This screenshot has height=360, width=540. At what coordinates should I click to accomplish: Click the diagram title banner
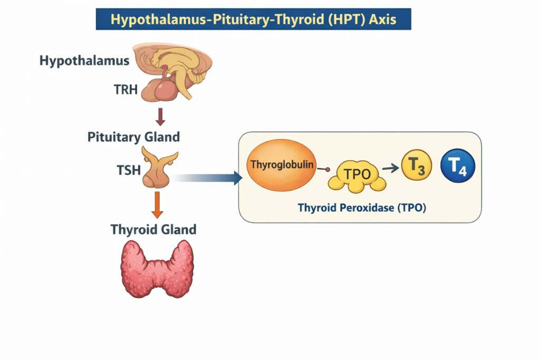click(x=253, y=19)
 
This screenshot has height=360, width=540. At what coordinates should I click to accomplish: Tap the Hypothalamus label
click(x=84, y=61)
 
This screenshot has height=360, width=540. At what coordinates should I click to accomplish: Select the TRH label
click(x=126, y=90)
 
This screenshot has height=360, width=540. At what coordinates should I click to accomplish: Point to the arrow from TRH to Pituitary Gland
click(x=161, y=116)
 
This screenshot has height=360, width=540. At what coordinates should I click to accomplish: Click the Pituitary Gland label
click(x=133, y=137)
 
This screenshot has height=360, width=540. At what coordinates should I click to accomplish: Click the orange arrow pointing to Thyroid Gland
click(x=157, y=205)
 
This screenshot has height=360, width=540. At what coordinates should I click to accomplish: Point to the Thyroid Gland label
click(x=153, y=230)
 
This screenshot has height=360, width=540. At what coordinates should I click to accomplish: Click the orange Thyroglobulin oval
click(x=281, y=165)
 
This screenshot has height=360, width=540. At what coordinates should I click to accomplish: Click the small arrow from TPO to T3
click(x=390, y=168)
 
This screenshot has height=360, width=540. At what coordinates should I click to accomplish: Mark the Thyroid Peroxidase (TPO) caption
click(x=362, y=208)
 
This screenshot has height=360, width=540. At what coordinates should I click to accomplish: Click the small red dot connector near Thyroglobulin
click(x=328, y=169)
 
